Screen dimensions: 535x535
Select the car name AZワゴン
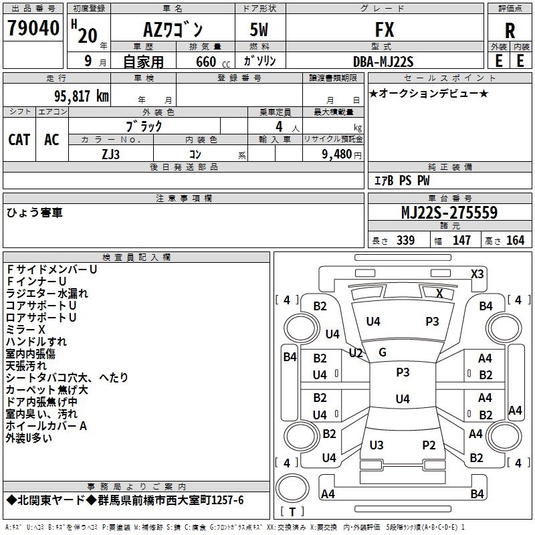(x=173, y=30)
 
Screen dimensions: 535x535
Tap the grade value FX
(x=385, y=30)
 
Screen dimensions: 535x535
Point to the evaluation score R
(x=510, y=31)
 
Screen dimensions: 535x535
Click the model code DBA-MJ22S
(x=383, y=62)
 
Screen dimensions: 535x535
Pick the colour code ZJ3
(x=111, y=153)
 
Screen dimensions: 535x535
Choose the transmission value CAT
(x=19, y=140)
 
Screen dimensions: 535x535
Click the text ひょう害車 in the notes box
(x=35, y=213)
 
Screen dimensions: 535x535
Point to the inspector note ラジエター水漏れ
(x=47, y=293)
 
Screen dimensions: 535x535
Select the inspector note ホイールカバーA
(x=47, y=425)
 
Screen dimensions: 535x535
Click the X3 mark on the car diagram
(x=477, y=274)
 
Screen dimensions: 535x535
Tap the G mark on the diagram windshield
(x=383, y=352)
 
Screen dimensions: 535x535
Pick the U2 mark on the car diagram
(x=356, y=352)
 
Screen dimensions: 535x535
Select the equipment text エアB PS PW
(x=401, y=181)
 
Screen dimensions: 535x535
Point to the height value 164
(x=515, y=240)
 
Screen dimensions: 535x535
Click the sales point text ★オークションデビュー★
(x=428, y=93)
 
